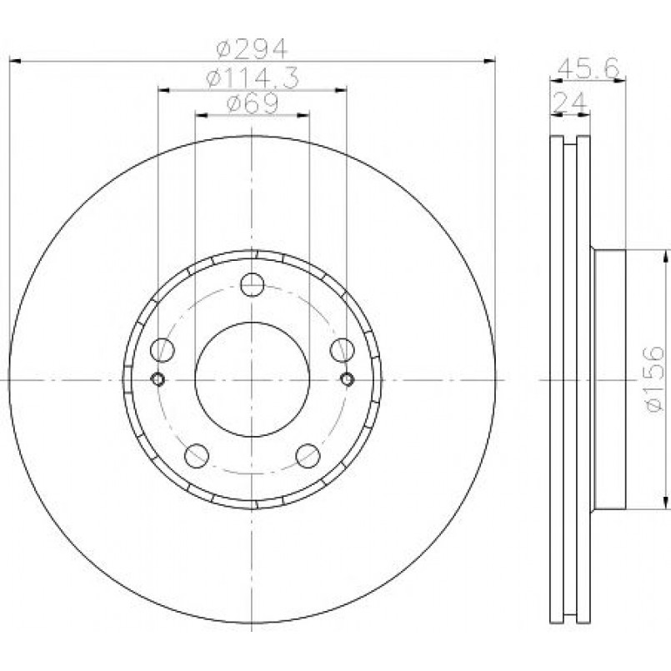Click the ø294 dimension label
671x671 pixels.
(x=252, y=49)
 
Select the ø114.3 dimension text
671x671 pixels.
(x=252, y=78)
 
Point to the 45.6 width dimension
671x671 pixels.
(x=588, y=68)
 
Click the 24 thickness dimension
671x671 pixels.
(x=570, y=103)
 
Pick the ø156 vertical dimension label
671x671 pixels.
(x=654, y=378)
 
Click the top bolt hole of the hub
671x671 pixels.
(x=252, y=284)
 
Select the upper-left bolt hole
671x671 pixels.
(x=163, y=349)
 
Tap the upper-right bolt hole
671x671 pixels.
(x=343, y=349)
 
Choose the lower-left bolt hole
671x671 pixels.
(x=197, y=456)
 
